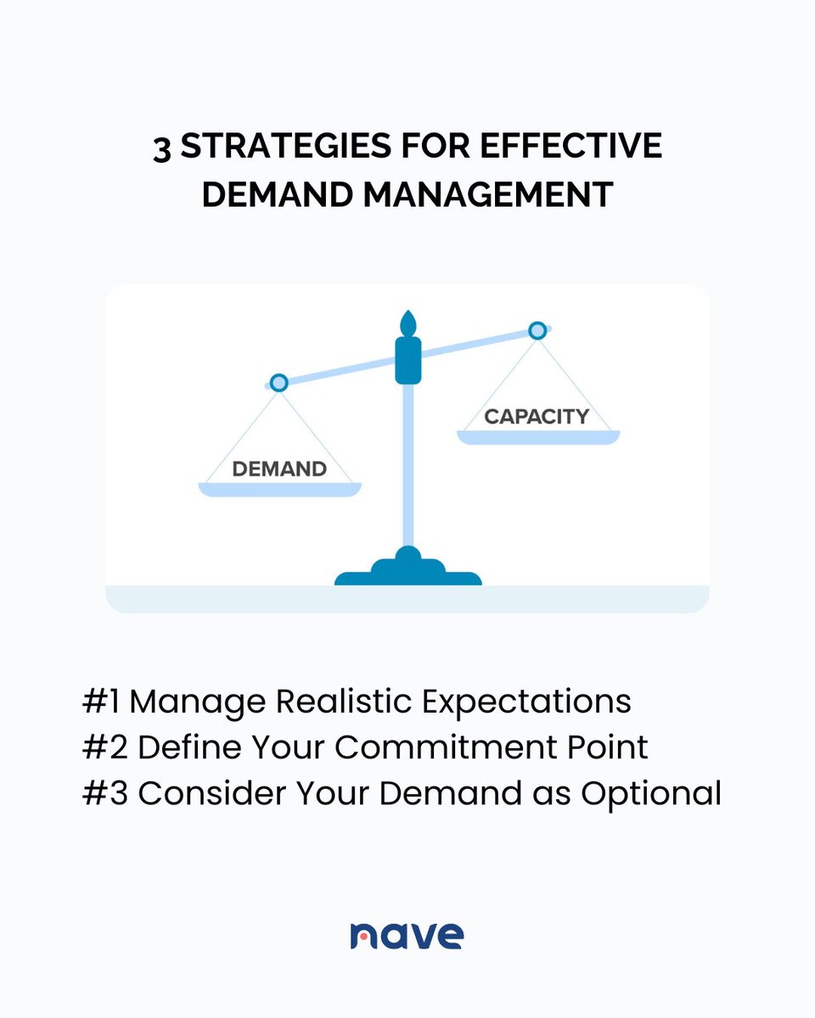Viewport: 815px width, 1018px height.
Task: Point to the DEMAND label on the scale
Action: click(x=279, y=468)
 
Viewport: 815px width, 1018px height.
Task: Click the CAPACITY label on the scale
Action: click(x=537, y=417)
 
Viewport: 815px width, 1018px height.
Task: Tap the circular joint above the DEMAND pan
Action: click(x=278, y=383)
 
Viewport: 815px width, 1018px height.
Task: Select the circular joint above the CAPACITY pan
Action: click(x=537, y=330)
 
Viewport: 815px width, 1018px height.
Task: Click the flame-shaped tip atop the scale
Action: click(x=408, y=322)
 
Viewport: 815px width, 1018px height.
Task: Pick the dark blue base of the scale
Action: click(x=408, y=573)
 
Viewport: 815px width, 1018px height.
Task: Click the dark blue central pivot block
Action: click(x=408, y=360)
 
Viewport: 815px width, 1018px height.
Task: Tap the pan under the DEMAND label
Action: click(x=279, y=489)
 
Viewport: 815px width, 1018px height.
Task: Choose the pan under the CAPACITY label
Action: click(x=538, y=437)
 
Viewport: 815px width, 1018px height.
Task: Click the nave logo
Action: click(x=407, y=934)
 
